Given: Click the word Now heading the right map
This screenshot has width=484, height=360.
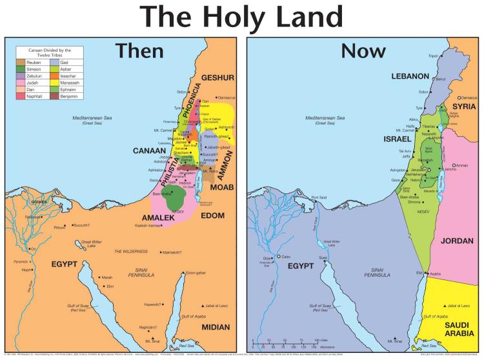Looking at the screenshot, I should coord(363,52).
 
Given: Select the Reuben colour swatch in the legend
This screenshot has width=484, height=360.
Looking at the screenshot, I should coord(22,62).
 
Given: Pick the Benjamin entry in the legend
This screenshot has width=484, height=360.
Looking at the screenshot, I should coord(69,97).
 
